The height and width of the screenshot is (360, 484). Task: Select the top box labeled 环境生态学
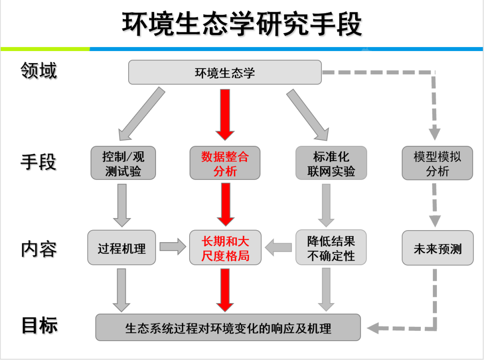(x=225, y=72)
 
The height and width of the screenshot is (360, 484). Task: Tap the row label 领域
(x=39, y=71)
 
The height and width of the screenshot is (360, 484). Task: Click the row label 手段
(x=39, y=162)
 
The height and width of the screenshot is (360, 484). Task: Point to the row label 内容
(x=39, y=249)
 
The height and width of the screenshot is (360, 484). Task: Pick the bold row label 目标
(x=39, y=326)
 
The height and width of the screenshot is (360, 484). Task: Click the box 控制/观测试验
(x=123, y=163)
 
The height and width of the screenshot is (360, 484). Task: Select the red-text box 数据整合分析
(x=225, y=163)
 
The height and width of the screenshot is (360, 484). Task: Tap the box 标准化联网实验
(x=331, y=163)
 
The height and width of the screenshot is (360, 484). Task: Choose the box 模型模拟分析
(x=437, y=163)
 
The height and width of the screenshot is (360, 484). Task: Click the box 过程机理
(x=121, y=248)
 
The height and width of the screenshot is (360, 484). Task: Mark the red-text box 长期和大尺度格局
(x=225, y=248)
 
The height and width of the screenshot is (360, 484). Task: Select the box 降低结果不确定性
(x=331, y=248)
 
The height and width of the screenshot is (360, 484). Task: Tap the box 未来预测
(x=437, y=248)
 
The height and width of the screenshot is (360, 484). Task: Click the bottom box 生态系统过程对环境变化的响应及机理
(x=228, y=328)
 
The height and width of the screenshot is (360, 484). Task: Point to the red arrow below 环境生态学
(x=225, y=115)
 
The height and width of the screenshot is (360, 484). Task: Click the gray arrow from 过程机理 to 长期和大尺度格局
(x=172, y=246)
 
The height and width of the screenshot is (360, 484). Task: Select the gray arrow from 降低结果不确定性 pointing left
(x=278, y=246)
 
